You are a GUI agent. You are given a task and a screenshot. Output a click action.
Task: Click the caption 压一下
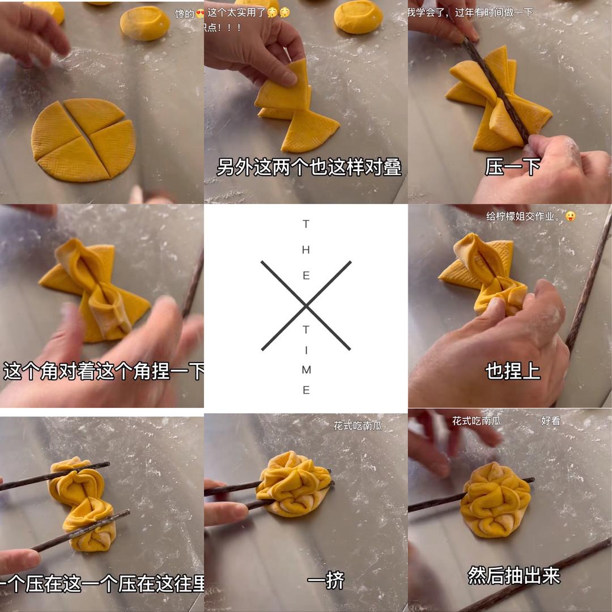(x=512, y=167)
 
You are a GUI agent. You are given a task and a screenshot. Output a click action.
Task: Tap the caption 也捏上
(x=512, y=371)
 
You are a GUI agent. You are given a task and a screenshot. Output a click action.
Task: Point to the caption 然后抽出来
(x=513, y=575)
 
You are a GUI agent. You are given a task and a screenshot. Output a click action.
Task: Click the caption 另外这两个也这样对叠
(x=309, y=167)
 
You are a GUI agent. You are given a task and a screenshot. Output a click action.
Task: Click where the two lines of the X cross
(x=306, y=306)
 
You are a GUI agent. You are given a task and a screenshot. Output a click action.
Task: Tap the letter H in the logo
(x=306, y=250)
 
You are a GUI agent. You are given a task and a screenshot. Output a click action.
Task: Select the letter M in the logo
(x=306, y=370)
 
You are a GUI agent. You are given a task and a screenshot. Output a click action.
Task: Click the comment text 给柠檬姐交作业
(x=524, y=216)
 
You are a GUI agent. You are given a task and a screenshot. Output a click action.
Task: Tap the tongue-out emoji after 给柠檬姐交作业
(x=570, y=216)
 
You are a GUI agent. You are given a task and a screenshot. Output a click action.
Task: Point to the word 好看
(x=550, y=421)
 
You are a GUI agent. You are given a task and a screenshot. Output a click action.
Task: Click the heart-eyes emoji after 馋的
(x=199, y=14)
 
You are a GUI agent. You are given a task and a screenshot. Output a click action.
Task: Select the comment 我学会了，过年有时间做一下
(x=470, y=12)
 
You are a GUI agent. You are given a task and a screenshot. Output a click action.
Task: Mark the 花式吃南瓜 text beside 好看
(x=476, y=421)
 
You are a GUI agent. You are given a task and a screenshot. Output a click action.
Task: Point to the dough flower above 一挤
(x=294, y=483)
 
